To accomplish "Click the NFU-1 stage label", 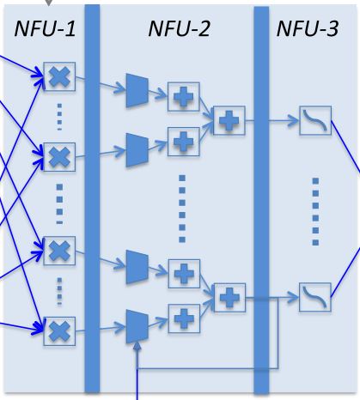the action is point(45,28).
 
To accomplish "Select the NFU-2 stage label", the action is point(180,28).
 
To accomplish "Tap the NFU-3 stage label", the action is point(308,28).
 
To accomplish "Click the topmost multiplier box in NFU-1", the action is point(59,76).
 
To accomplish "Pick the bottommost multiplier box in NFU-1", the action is point(59,331).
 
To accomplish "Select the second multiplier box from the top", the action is point(59,157).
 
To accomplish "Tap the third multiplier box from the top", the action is point(59,251).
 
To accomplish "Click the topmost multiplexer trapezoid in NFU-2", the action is point(137,90).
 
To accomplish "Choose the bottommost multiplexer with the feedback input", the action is point(137,326).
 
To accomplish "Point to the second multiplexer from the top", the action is point(137,149).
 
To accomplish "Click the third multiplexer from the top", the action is point(137,267).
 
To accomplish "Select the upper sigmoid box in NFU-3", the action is point(315,120).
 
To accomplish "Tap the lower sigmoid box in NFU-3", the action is point(315,297).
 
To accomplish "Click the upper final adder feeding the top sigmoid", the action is point(229,120).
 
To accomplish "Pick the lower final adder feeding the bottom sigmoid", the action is point(229,298).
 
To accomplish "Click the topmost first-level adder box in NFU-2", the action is point(184,97).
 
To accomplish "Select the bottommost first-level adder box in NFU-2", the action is point(184,318).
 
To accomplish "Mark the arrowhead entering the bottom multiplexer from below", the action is point(137,347).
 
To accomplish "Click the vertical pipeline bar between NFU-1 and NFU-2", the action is point(92,198).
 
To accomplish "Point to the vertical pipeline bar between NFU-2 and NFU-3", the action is point(261,200).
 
